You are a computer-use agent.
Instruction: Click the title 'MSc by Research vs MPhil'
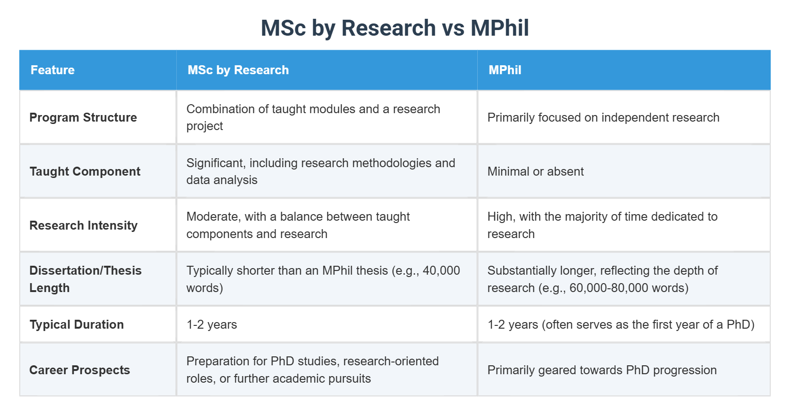tap(395, 28)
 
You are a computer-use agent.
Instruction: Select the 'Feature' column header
tap(53, 70)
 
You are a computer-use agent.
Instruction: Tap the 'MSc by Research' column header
tap(238, 70)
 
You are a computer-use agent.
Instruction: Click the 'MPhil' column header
tap(505, 70)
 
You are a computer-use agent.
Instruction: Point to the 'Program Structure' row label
tap(83, 117)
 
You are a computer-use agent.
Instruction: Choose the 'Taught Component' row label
tap(85, 171)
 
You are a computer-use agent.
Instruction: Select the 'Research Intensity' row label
tap(83, 225)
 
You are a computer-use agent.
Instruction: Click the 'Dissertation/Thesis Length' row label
tap(85, 279)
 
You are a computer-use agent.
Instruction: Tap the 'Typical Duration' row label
tap(77, 324)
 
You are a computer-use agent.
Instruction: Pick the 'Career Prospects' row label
tap(79, 370)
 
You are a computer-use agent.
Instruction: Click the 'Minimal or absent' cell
tap(535, 171)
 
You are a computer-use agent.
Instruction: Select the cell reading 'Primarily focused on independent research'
tap(603, 117)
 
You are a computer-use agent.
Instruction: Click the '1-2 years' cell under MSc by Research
tap(212, 324)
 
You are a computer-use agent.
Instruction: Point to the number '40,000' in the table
tap(441, 270)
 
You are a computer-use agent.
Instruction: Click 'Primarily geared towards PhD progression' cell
tap(601, 370)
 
